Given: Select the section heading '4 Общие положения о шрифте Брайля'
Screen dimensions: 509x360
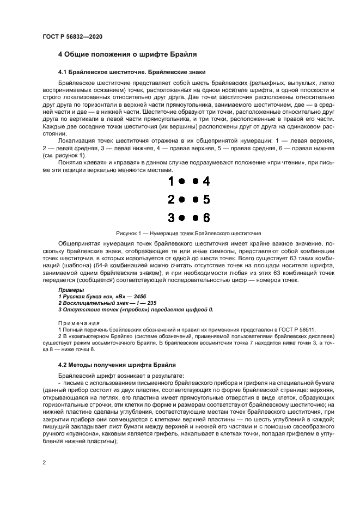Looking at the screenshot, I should [127, 55].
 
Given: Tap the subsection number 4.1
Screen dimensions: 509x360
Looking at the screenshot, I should [63, 72].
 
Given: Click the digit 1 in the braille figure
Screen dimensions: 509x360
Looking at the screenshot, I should [171, 181].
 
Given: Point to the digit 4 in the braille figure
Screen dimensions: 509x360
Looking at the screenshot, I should [206, 181].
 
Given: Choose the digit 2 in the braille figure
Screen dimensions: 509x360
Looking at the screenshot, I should [171, 199].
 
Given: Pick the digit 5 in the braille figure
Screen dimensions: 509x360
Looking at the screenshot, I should [206, 199].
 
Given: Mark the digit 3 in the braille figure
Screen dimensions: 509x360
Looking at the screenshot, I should [171, 218].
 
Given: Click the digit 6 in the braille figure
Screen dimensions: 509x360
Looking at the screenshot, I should [206, 218].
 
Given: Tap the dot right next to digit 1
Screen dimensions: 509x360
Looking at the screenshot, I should [182, 181].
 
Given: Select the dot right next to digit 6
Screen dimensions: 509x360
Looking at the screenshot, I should [195, 218].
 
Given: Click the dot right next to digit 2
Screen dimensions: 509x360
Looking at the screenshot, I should [182, 199].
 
